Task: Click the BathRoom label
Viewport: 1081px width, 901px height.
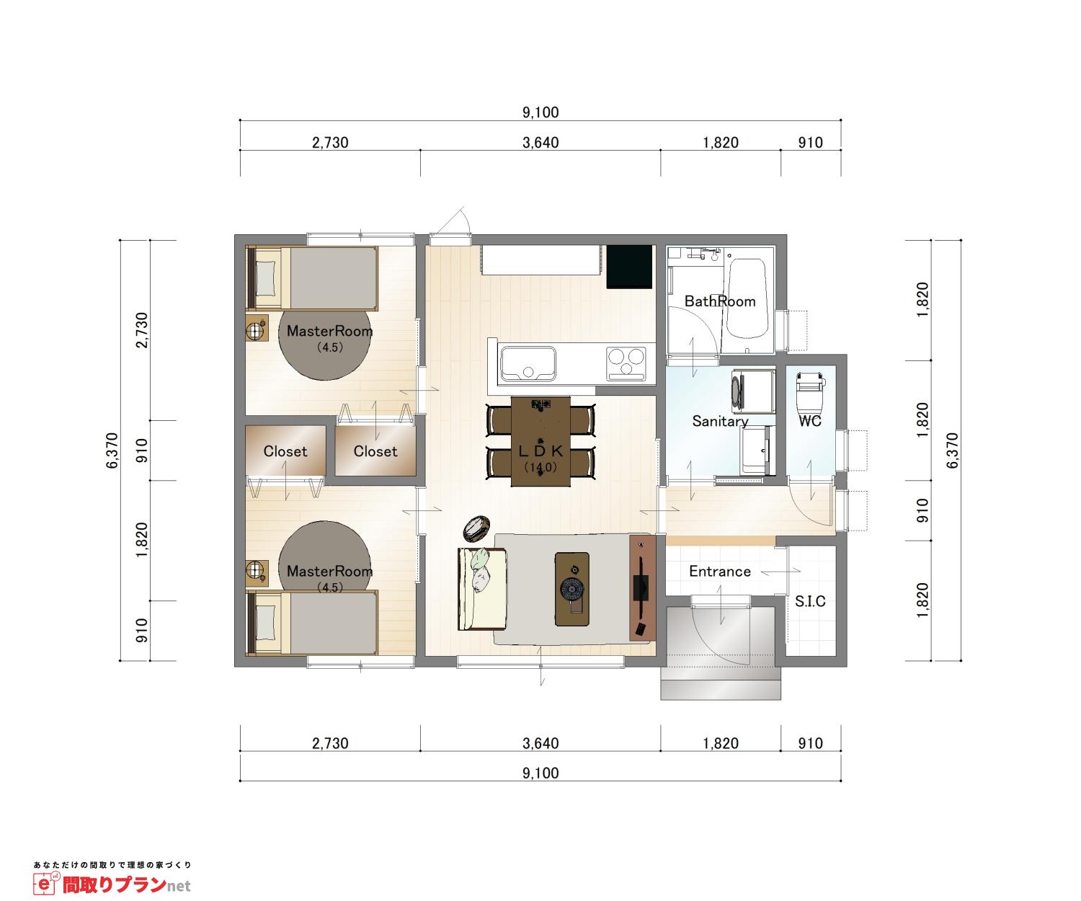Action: point(720,301)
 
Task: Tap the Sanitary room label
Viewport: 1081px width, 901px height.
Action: point(720,422)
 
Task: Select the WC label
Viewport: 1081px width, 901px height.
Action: point(810,421)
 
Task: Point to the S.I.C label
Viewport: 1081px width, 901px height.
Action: point(810,601)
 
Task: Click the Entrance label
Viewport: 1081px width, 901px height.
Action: point(720,571)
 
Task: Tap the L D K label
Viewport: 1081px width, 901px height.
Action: point(540,451)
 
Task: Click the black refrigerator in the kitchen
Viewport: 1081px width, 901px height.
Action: point(629,267)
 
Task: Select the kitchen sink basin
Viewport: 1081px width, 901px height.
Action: point(528,363)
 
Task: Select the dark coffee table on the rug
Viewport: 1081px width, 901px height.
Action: point(571,590)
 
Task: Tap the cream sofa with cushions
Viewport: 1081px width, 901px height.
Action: point(481,589)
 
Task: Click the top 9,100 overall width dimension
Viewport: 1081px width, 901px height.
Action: point(540,112)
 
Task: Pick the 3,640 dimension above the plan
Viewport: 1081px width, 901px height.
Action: point(540,143)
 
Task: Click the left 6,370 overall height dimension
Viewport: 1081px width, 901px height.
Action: point(112,450)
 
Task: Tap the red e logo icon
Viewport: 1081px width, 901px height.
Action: point(45,884)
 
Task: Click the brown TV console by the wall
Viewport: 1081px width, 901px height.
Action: point(643,587)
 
